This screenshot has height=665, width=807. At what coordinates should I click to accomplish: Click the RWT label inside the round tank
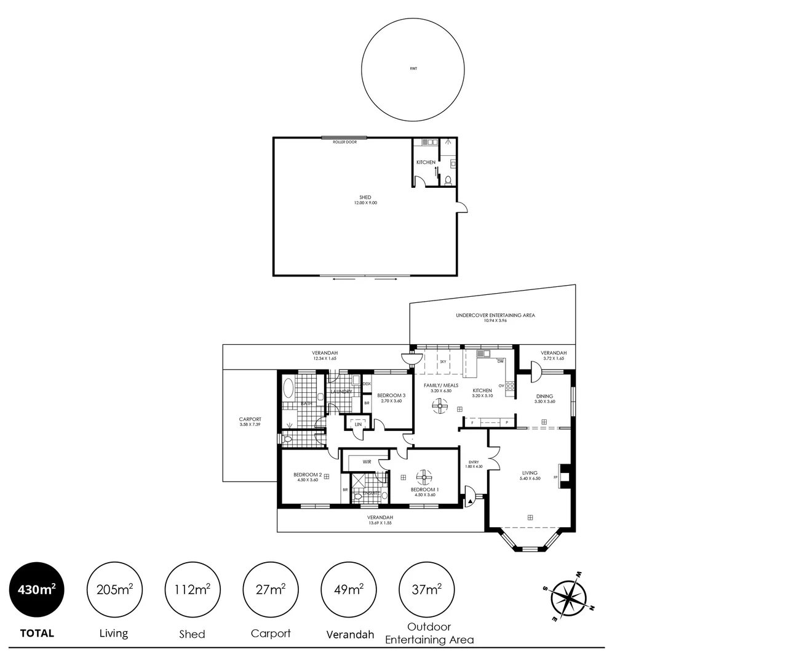[x=413, y=68]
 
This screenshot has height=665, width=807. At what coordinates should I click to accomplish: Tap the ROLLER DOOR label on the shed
[x=344, y=142]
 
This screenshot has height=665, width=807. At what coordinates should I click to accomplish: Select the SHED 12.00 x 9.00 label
[x=365, y=200]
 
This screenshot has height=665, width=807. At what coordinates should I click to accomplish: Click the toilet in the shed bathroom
[x=448, y=180]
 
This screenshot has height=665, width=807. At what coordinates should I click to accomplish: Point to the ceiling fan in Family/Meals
[x=440, y=405]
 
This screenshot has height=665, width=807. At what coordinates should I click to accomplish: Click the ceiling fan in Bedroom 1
[x=424, y=477]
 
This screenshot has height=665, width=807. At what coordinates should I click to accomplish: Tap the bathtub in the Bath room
[x=288, y=389]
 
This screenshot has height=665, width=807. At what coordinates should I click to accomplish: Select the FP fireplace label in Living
[x=555, y=477]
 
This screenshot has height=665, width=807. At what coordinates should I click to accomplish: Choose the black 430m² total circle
[x=37, y=590]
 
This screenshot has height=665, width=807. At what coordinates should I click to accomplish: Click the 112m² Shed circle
[x=193, y=590]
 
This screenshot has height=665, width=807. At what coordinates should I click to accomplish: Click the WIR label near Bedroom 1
[x=367, y=461]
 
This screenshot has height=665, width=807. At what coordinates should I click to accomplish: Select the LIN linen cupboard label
[x=358, y=424]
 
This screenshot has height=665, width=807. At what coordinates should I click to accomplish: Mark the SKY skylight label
[x=443, y=362]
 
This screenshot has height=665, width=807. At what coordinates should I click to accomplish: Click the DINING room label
[x=544, y=397]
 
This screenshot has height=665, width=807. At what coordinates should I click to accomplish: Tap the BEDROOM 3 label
[x=391, y=395]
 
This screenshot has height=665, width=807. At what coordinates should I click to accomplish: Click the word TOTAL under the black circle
[x=37, y=633]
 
